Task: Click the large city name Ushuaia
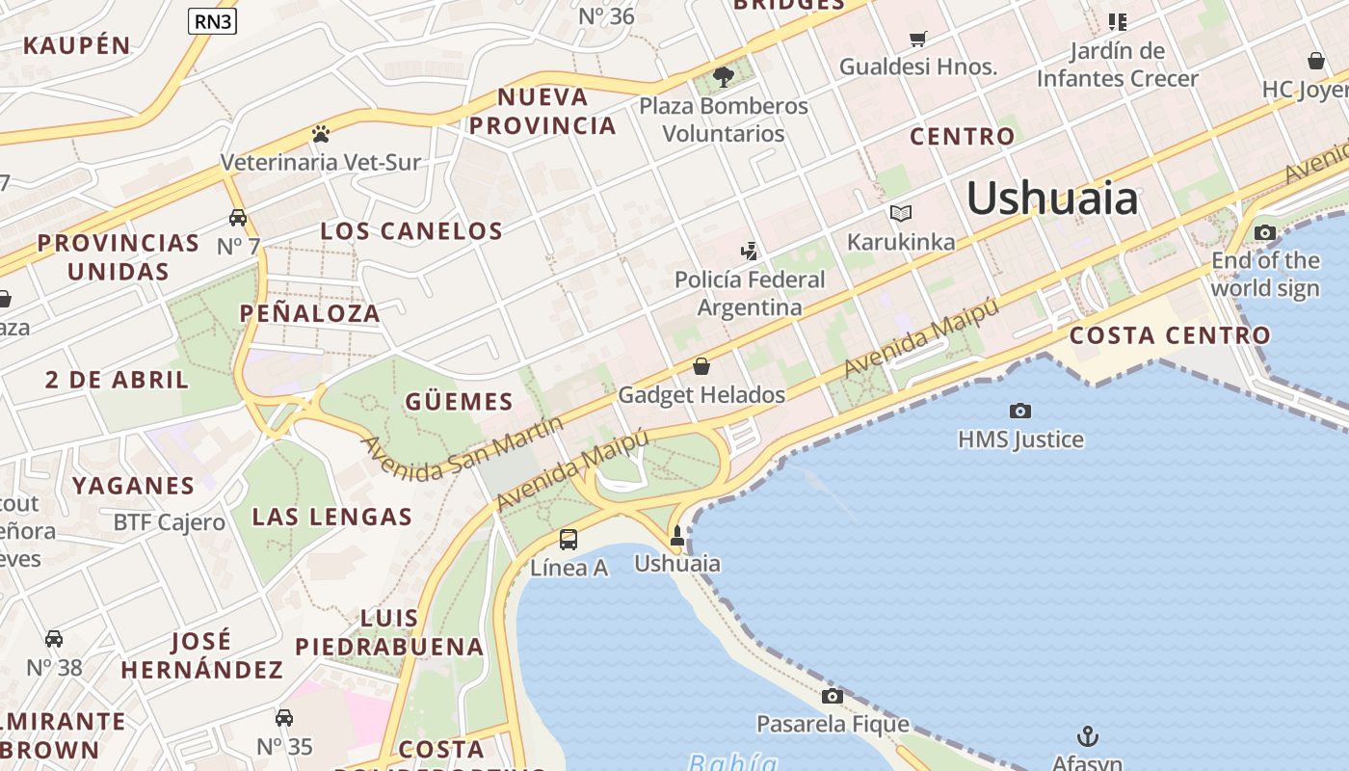coord(1052,199)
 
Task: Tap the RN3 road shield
coord(212,21)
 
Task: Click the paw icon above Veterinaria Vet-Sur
coord(321,133)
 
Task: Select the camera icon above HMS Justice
coord(1020,411)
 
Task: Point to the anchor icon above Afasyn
coord(1087,737)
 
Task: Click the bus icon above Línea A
coord(569,539)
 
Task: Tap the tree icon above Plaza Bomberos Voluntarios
coord(724,76)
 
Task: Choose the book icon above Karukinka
coord(901,213)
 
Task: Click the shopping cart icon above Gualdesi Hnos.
coord(918,39)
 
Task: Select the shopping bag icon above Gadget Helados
coord(701,366)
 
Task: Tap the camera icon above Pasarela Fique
coord(833,696)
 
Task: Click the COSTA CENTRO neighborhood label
coord(1170,335)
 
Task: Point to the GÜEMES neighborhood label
coord(459,402)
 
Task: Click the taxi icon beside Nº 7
coord(238,217)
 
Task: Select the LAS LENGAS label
coord(332,517)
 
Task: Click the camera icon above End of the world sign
coord(1265,232)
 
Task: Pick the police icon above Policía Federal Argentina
coord(749,252)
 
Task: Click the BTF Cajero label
coord(170,522)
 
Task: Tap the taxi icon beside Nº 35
coord(284,718)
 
